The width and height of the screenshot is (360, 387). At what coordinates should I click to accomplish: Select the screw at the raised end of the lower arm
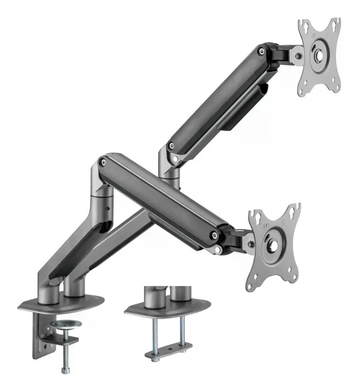coord(103,162)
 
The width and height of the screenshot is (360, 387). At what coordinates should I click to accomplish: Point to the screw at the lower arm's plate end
coord(213,234)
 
